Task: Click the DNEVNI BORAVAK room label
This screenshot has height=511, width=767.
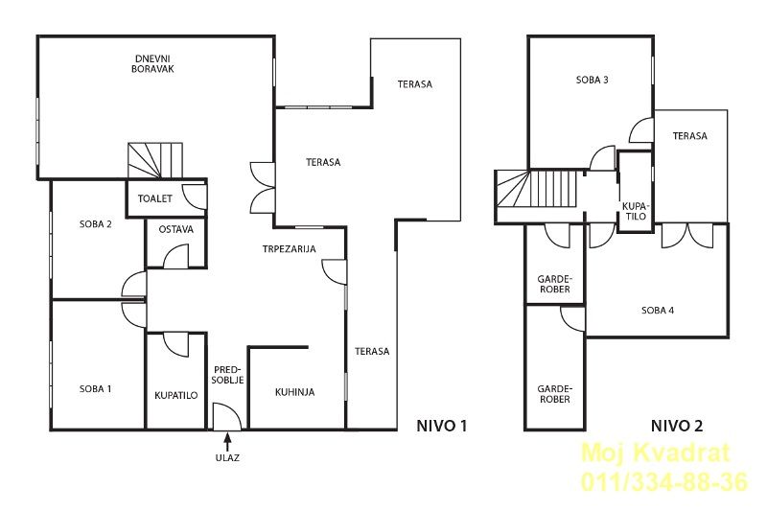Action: (x=152, y=64)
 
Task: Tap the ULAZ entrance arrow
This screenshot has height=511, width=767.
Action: (x=227, y=442)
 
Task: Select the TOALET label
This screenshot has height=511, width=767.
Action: (x=155, y=198)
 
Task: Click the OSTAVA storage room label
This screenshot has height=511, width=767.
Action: (x=176, y=229)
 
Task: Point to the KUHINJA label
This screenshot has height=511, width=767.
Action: (x=295, y=392)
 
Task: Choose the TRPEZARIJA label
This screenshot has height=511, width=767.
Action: (x=290, y=249)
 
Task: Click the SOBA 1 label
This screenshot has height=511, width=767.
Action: (x=95, y=389)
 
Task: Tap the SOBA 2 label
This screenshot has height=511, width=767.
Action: (x=95, y=224)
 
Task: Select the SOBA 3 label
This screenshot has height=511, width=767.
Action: (x=593, y=80)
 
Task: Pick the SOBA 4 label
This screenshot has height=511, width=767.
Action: (x=658, y=310)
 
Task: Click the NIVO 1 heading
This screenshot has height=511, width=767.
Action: (x=442, y=426)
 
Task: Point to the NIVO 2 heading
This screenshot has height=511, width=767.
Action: (x=677, y=426)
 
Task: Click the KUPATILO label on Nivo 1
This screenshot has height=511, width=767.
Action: (x=176, y=396)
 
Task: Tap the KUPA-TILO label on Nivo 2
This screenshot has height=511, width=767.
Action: (x=635, y=211)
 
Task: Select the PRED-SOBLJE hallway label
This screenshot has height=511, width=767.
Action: (x=228, y=374)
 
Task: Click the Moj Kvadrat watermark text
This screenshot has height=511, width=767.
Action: (x=656, y=453)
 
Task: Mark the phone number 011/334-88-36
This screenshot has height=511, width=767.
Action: (x=664, y=481)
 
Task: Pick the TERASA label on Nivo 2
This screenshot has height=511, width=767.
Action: (x=689, y=136)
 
